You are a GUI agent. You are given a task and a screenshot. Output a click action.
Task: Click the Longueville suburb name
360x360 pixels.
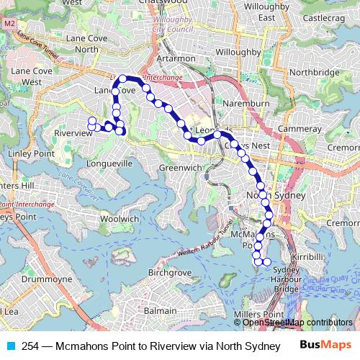point(108,163)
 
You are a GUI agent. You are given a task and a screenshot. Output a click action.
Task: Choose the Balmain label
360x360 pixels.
point(160,310)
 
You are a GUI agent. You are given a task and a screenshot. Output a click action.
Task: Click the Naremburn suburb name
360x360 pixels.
point(246,104)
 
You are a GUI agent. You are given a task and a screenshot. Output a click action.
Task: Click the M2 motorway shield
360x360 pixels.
point(9,23)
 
